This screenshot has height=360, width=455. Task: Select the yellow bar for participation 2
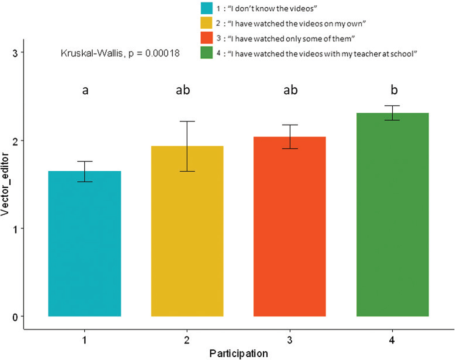tap(187, 231)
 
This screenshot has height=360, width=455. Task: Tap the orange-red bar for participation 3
tap(290, 226)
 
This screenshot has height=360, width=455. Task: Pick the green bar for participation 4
tap(392, 214)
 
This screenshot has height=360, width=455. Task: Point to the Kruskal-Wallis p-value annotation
tap(120, 54)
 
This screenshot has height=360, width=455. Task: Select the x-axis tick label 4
tap(392, 340)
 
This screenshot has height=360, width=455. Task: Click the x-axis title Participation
tap(239, 354)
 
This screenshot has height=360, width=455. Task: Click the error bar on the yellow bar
tap(187, 146)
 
